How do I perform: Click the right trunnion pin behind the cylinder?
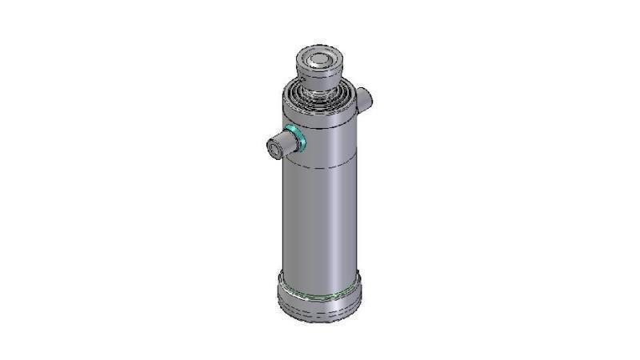(364, 98)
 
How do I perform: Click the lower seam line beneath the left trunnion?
(320, 165)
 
